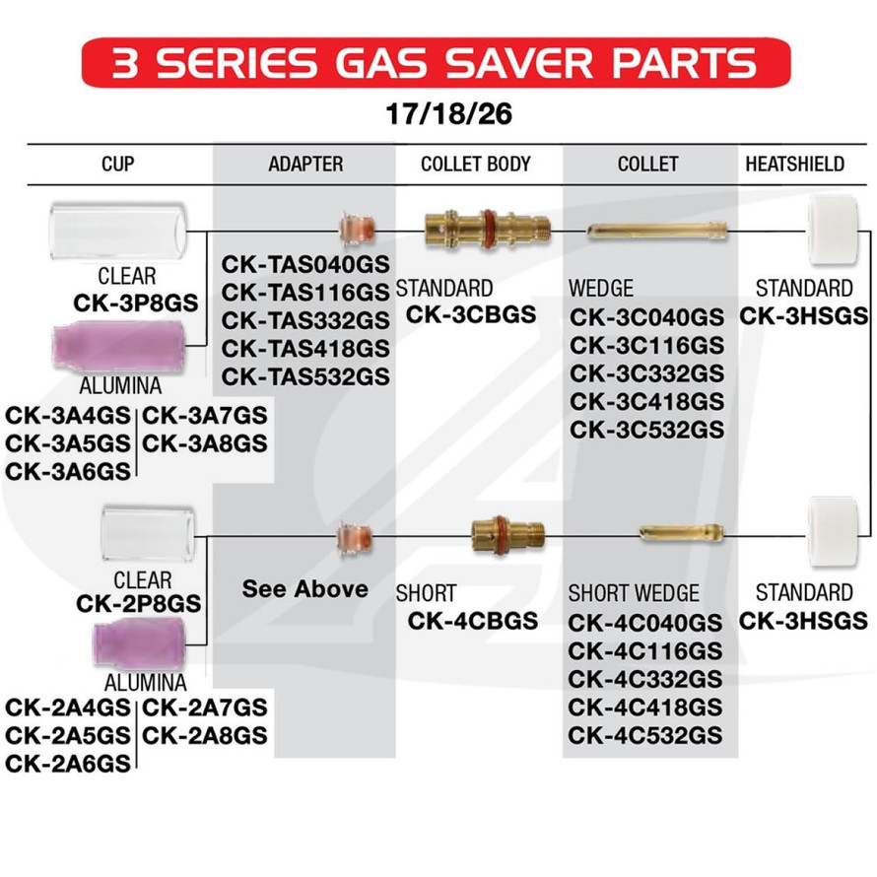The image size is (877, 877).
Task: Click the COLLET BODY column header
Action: pyautogui.click(x=476, y=164)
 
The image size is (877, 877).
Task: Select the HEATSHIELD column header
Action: pyautogui.click(x=793, y=164)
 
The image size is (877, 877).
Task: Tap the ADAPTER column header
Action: pyautogui.click(x=305, y=164)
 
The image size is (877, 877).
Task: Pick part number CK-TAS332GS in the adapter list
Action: pyautogui.click(x=305, y=320)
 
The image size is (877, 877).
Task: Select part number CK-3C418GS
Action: pyautogui.click(x=646, y=401)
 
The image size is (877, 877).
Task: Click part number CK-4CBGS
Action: pyautogui.click(x=473, y=620)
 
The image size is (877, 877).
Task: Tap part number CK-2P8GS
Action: pyautogui.click(x=139, y=603)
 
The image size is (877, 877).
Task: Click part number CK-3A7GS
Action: pyautogui.click(x=206, y=416)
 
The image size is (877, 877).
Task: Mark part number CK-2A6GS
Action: pyautogui.click(x=68, y=764)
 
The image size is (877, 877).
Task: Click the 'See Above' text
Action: pyautogui.click(x=304, y=589)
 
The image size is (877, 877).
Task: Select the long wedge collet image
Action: pyautogui.click(x=656, y=232)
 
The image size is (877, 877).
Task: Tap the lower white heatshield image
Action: pyautogui.click(x=830, y=533)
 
